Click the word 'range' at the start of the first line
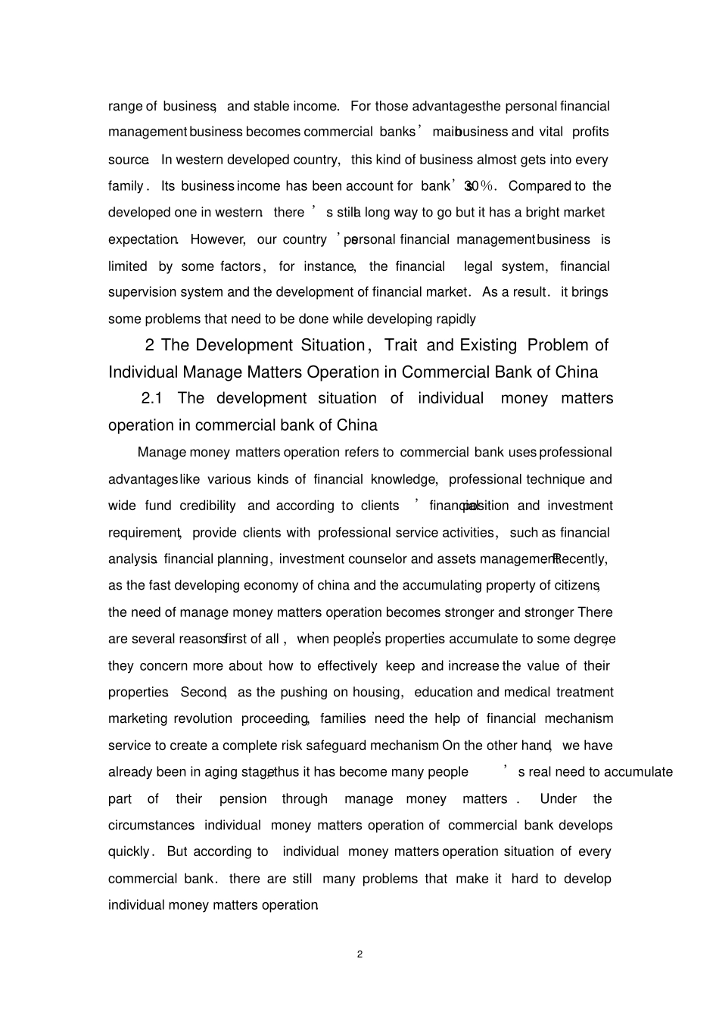(125, 106)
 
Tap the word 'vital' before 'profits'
(551, 132)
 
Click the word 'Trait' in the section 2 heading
(400, 345)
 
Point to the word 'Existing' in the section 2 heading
(488, 345)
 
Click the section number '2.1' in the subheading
(153, 398)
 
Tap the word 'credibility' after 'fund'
(207, 506)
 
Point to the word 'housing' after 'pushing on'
(378, 693)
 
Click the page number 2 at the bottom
(359, 954)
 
